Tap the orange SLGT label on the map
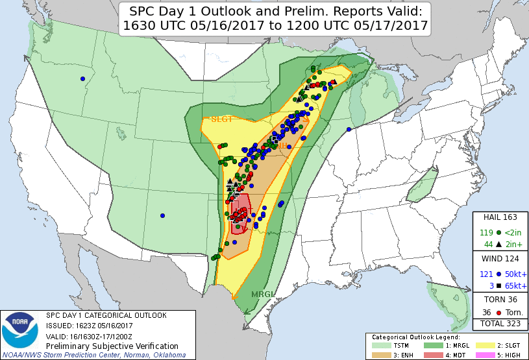click(x=221, y=119)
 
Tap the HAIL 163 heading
click(x=500, y=217)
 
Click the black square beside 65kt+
click(x=498, y=285)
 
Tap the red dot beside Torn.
click(x=498, y=312)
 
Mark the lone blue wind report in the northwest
click(x=82, y=79)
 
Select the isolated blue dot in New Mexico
click(x=162, y=215)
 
